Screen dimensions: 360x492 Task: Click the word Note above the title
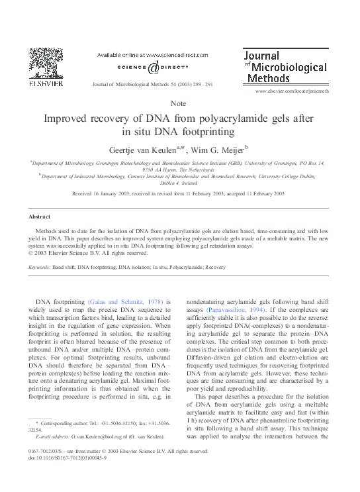pyautogui.click(x=178, y=103)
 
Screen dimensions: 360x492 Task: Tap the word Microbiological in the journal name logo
pyautogui.click(x=289, y=67)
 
